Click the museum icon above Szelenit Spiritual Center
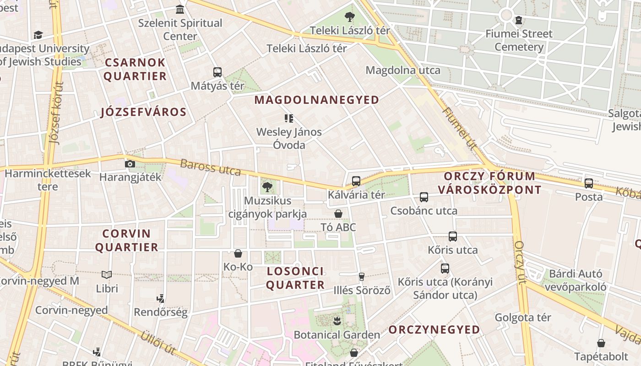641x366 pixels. (180, 9)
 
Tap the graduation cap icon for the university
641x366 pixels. (38, 35)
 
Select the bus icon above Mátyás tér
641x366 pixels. (217, 72)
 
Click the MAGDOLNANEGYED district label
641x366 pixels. (317, 100)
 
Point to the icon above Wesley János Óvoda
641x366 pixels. (289, 118)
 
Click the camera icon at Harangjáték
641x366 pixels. (130, 164)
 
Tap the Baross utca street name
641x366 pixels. (210, 167)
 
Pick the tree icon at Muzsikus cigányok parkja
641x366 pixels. (267, 187)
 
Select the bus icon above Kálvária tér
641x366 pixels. (356, 181)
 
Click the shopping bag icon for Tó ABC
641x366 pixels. (338, 214)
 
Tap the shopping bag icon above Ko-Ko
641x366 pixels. (238, 253)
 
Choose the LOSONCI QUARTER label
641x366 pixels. (295, 278)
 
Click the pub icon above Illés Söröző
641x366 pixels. (362, 276)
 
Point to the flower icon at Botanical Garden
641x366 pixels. (337, 321)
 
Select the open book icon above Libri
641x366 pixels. (107, 274)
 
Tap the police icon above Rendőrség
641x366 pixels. (160, 299)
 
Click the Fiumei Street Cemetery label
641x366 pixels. (519, 40)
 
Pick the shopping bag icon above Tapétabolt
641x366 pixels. (601, 343)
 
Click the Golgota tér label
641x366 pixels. (522, 317)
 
